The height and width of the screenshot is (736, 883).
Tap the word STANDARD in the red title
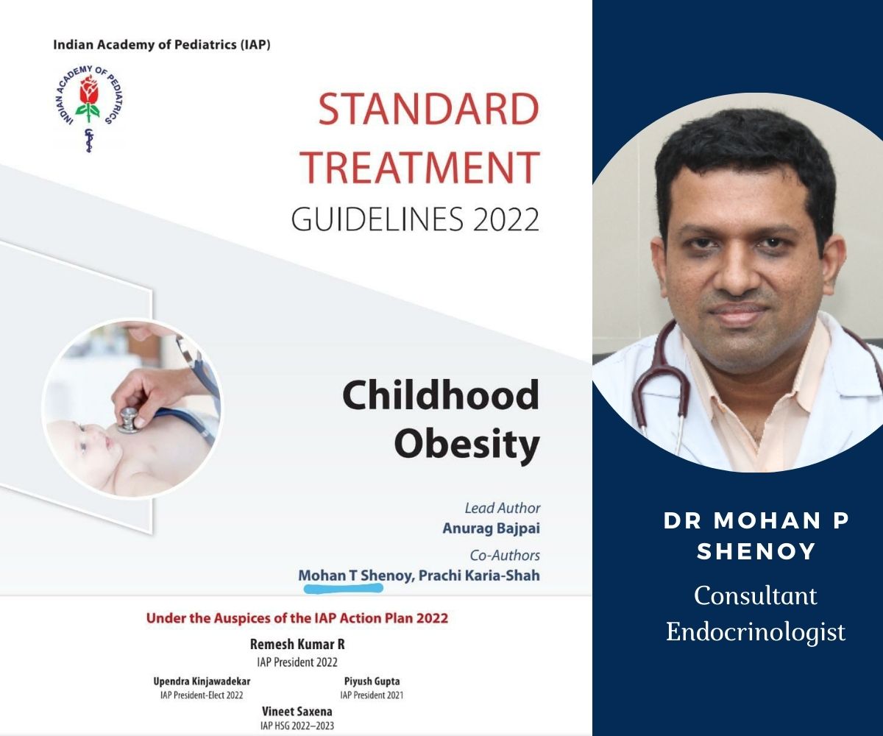[429, 110]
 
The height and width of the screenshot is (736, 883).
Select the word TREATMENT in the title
[420, 168]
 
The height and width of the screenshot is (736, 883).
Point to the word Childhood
[441, 395]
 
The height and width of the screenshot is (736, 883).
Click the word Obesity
[467, 444]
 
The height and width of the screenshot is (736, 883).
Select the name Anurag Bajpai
[491, 528]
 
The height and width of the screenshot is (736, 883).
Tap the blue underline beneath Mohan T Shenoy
[344, 588]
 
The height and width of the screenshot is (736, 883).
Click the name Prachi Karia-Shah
[479, 576]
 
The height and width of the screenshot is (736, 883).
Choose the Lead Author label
[503, 508]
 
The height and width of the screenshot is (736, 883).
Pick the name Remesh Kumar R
[297, 644]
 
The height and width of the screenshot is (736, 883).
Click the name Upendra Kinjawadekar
[202, 682]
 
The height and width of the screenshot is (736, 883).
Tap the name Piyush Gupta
[372, 682]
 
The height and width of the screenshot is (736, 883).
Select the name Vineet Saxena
[297, 712]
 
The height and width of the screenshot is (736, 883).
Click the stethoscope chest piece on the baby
[130, 420]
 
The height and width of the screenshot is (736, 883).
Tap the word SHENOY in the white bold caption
[756, 551]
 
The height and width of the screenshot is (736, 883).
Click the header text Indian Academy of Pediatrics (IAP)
[162, 45]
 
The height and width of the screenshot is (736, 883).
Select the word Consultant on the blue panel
[755, 595]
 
